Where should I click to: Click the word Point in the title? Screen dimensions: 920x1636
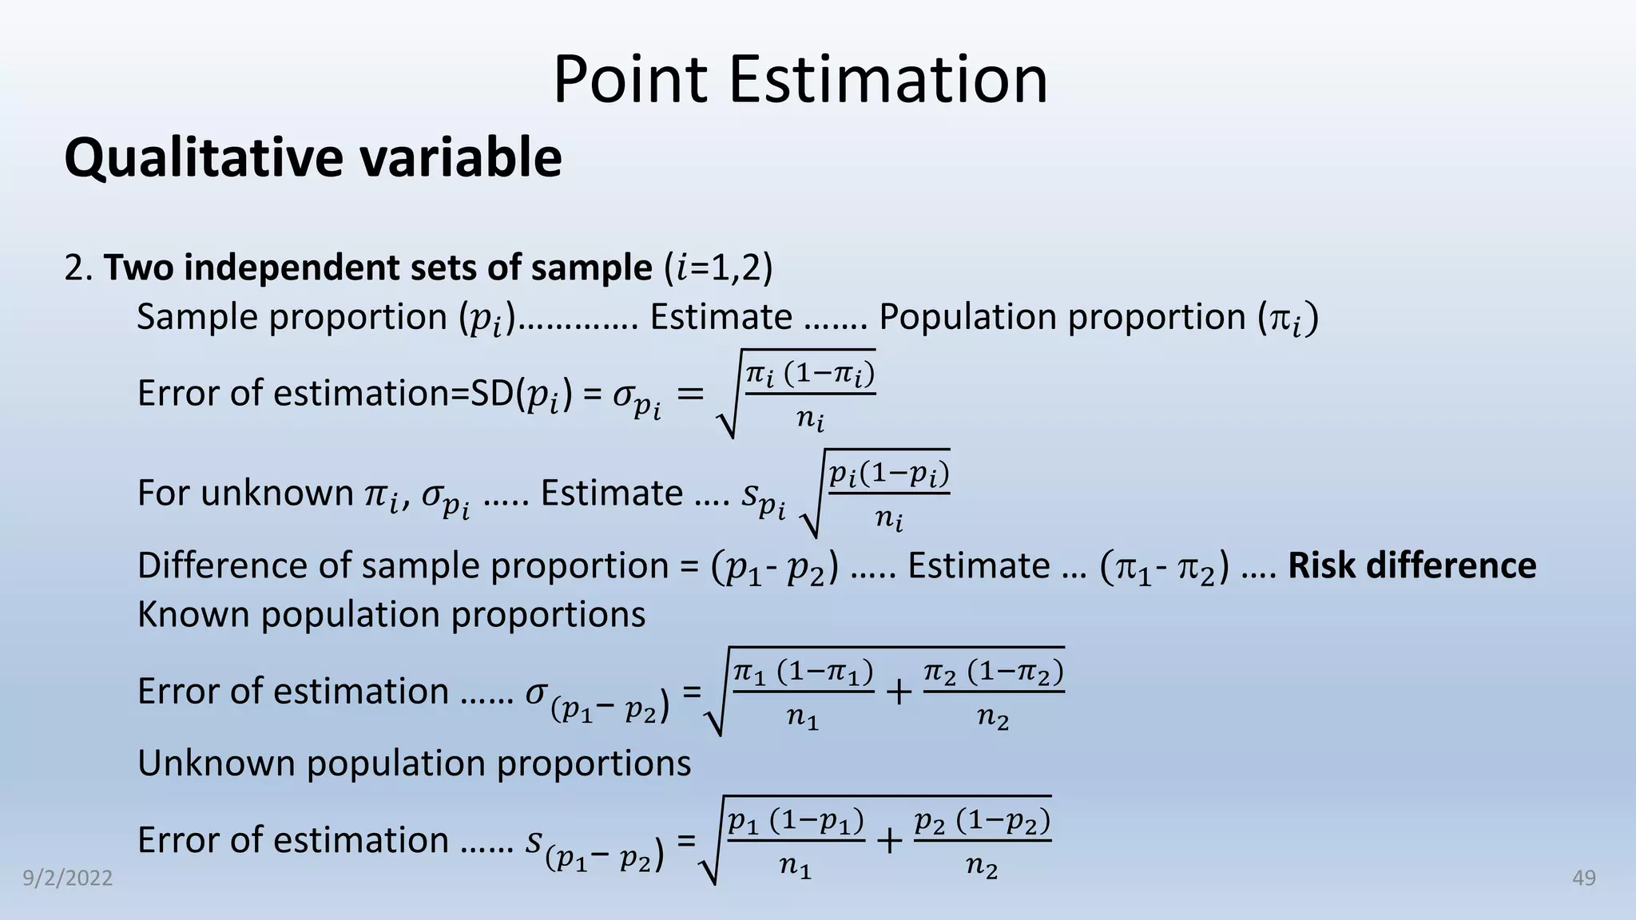pyautogui.click(x=629, y=80)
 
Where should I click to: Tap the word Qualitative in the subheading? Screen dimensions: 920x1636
pyautogui.click(x=203, y=157)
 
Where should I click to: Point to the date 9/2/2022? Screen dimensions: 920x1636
pyautogui.click(x=67, y=878)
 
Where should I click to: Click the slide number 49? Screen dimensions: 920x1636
pyautogui.click(x=1583, y=878)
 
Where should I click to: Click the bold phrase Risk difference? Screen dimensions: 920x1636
pyautogui.click(x=1412, y=565)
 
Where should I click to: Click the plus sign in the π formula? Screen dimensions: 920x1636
pyautogui.click(x=899, y=692)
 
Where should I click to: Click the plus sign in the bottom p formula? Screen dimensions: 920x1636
pyautogui.click(x=889, y=840)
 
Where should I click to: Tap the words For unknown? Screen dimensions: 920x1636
pyautogui.click(x=244, y=494)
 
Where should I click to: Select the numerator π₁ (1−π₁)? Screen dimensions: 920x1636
pyautogui.click(x=803, y=672)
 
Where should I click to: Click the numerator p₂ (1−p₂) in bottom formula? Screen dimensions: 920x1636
pyautogui.click(x=982, y=821)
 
